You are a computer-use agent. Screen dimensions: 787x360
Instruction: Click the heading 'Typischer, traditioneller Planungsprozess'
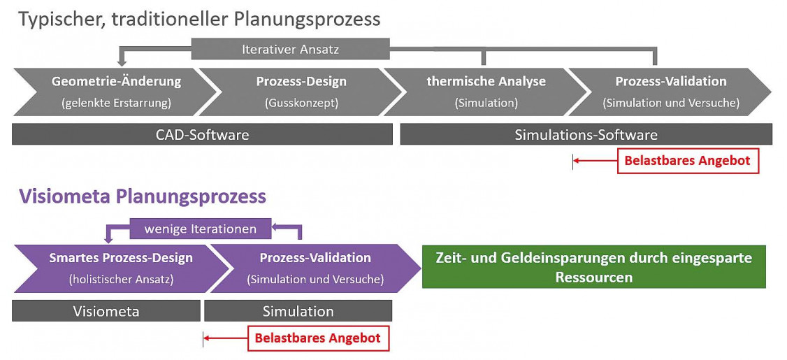coord(199,20)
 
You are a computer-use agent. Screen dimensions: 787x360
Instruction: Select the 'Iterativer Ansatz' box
coord(291,50)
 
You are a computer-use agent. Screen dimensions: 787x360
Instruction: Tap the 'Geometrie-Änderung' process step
coord(117,92)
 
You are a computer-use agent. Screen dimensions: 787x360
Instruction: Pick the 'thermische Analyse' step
coord(486,92)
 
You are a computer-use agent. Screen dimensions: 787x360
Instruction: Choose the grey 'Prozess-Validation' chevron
coord(670,92)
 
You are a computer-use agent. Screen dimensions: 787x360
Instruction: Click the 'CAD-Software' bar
coord(202,135)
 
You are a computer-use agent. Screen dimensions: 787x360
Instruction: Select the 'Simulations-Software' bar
coord(586,135)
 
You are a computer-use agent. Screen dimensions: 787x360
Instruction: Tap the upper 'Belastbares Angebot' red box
coord(687,161)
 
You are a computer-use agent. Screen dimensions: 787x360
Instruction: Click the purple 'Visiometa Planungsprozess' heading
coord(143,196)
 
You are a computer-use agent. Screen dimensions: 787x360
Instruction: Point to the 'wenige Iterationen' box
coord(201,229)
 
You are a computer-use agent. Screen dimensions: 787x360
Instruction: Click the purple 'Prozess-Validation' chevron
coord(315,268)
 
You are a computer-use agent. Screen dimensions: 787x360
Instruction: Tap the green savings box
coord(594,266)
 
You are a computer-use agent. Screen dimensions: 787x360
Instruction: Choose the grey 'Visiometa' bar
coord(106,311)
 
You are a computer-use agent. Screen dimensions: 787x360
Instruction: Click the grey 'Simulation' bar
coord(298,311)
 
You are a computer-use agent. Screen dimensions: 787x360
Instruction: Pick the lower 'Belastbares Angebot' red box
coord(318,338)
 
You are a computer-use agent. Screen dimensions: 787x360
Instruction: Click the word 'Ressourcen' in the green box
coord(594,277)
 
